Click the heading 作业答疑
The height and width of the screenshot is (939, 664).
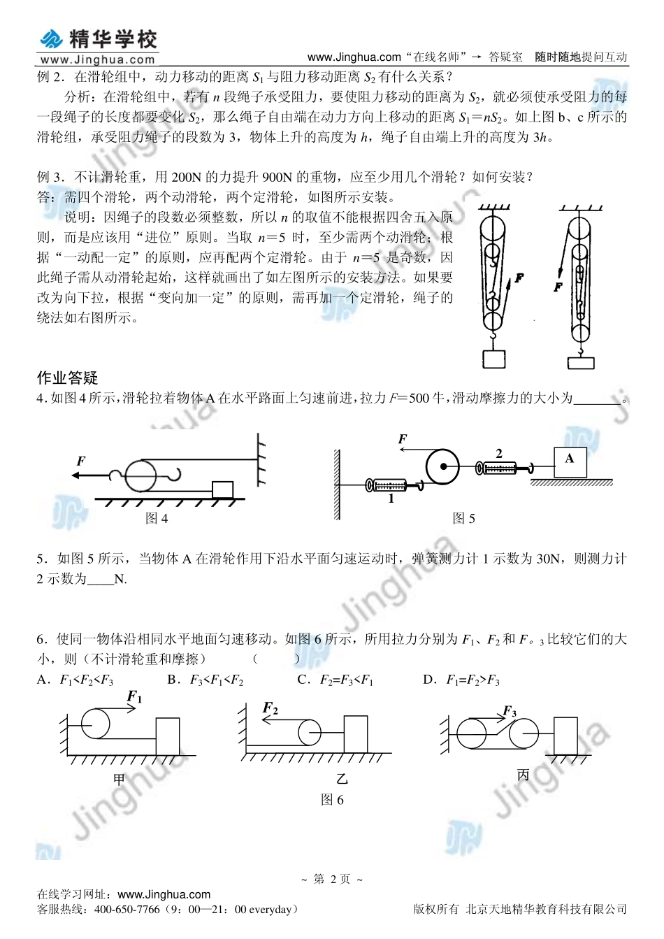(x=67, y=378)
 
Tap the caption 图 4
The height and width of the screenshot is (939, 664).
(x=157, y=518)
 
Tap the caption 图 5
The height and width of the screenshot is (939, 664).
(x=463, y=518)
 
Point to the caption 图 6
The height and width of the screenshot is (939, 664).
(x=332, y=800)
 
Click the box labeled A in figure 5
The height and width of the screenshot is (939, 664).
(x=570, y=461)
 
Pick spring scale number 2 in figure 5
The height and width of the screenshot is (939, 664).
(x=502, y=466)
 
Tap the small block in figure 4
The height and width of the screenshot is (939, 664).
(x=222, y=489)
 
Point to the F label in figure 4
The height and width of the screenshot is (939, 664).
(x=81, y=461)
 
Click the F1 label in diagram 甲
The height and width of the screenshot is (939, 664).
(x=134, y=697)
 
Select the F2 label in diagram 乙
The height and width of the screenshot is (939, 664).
(x=270, y=709)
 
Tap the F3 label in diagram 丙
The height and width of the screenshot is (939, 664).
(x=510, y=712)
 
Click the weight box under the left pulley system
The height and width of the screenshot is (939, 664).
(x=493, y=359)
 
